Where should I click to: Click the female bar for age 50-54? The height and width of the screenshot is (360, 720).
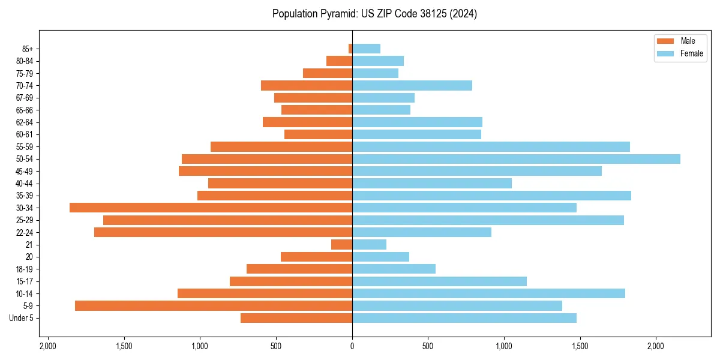516,159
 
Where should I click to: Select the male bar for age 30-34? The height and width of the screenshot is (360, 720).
211,208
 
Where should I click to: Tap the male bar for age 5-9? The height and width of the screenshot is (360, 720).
214,305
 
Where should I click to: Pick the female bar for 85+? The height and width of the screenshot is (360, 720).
366,49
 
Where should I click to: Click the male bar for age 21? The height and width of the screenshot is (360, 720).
341,244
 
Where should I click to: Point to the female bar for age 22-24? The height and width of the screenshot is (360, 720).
421,232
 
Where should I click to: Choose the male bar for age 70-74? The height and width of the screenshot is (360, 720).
307,85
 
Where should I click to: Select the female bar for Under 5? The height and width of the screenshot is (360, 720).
464,318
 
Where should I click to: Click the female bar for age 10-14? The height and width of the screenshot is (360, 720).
488,293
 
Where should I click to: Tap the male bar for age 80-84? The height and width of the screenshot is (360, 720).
339,61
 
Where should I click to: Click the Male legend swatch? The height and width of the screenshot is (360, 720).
665,41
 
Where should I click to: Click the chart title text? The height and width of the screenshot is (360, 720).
374,14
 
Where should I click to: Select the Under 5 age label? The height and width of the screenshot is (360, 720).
22,318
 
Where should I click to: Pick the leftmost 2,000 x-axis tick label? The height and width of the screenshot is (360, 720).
48,347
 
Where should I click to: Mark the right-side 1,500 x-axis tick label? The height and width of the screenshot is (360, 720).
580,347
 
